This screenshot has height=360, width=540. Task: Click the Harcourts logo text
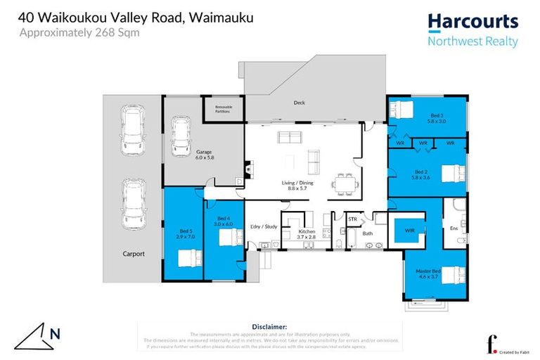click(472, 21)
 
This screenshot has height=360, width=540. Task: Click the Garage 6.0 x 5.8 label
click(204, 155)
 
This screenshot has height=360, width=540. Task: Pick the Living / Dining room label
click(300, 186)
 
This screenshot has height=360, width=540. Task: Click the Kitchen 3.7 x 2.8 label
click(307, 234)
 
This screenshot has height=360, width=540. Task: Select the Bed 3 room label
click(437, 117)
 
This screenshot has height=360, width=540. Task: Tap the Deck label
click(300, 103)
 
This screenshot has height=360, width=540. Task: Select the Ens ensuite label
click(454, 228)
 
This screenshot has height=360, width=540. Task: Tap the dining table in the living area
click(345, 184)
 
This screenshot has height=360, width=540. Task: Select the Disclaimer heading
click(269, 327)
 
